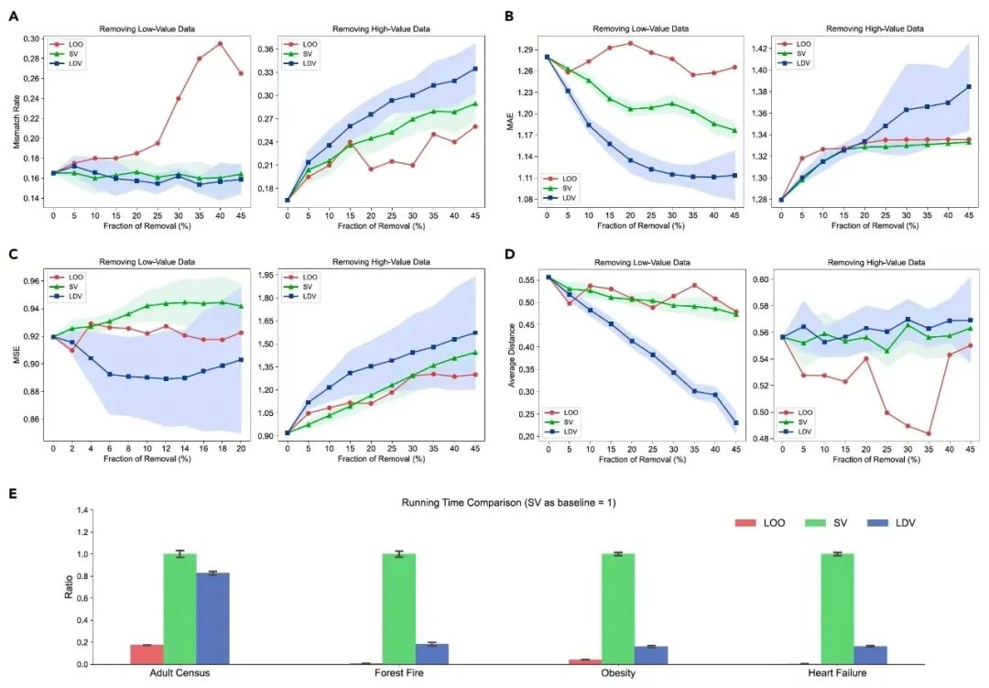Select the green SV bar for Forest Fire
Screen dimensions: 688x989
[x=399, y=608]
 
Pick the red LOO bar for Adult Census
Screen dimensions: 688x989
[x=147, y=654]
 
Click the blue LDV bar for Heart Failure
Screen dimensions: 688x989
[x=870, y=654]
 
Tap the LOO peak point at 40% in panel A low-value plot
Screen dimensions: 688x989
[x=220, y=43]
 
